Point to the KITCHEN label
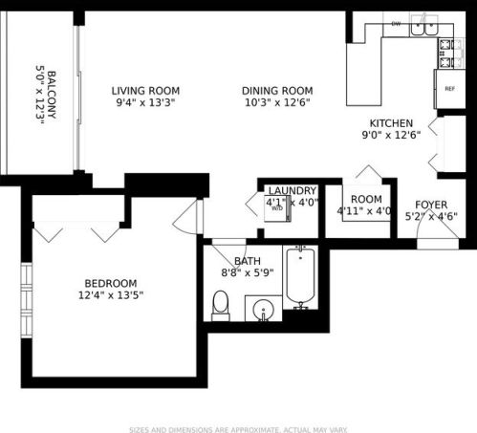click(x=391, y=123)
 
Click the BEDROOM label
click(x=110, y=283)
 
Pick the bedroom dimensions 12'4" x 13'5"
click(x=110, y=295)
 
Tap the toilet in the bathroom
click(x=221, y=304)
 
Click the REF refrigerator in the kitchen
click(x=448, y=88)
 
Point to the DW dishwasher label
click(x=395, y=23)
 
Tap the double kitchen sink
click(x=421, y=29)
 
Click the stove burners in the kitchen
click(x=446, y=54)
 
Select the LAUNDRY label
click(x=292, y=191)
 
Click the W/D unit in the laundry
click(x=277, y=208)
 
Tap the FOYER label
click(x=431, y=205)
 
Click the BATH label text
click(x=248, y=261)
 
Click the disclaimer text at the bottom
click(x=238, y=428)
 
